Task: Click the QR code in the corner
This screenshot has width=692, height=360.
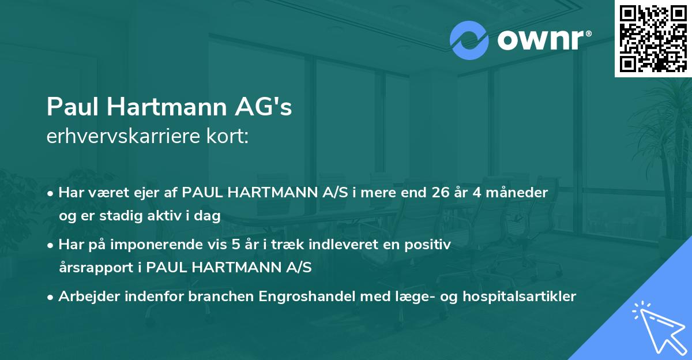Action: point(652,38)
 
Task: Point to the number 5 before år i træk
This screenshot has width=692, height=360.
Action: point(235,245)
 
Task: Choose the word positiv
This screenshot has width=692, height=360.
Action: point(431,245)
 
